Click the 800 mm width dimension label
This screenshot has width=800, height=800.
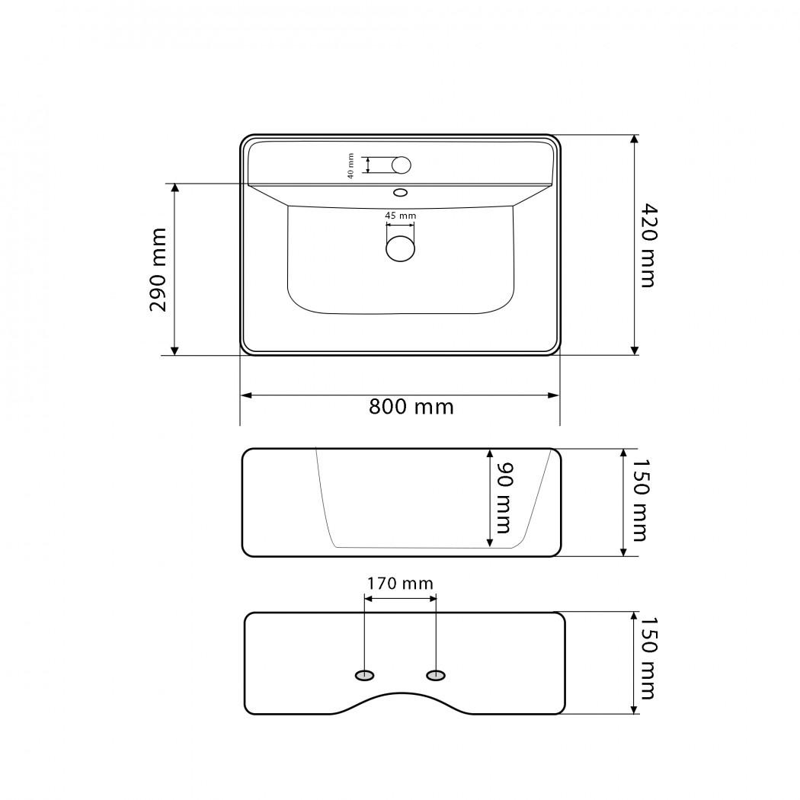point(411,407)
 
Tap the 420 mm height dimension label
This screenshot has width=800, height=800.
point(648,245)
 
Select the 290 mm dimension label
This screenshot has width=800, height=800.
point(158,270)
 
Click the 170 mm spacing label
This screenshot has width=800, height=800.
point(401,583)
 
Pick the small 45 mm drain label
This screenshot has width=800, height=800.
point(401,216)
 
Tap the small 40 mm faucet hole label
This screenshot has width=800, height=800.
point(350,165)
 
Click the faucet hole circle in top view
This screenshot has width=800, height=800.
point(402,165)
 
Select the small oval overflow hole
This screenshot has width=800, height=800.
point(401,192)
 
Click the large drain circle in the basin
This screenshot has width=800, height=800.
point(401,248)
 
